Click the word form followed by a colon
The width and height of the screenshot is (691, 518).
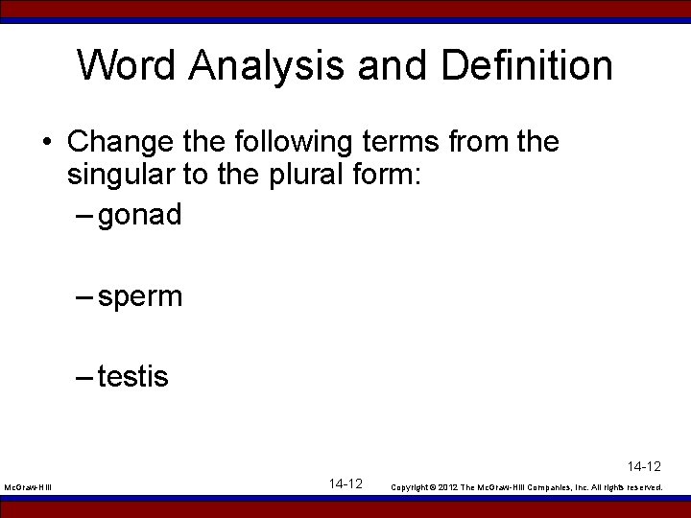click(391, 176)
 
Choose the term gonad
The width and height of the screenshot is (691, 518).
click(139, 215)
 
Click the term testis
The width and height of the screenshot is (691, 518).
click(132, 377)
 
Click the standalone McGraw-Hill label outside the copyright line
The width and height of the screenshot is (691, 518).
click(27, 488)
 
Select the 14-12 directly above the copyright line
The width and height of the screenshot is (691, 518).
click(645, 467)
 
